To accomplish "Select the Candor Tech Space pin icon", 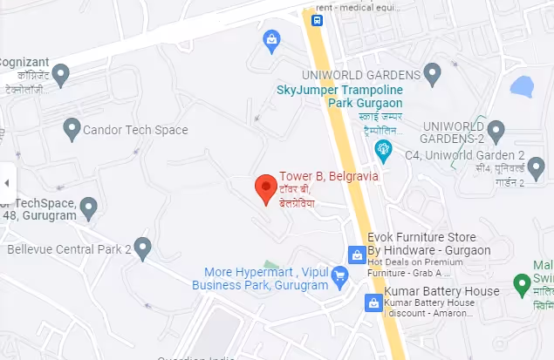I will [72, 130].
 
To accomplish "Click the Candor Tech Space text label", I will [135, 130].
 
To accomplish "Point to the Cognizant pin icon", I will [60, 76].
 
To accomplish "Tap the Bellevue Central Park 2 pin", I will [143, 248].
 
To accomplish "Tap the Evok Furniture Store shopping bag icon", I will [357, 255].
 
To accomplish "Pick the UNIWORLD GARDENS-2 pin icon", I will [496, 132].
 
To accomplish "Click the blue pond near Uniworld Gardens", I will [522, 86].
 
